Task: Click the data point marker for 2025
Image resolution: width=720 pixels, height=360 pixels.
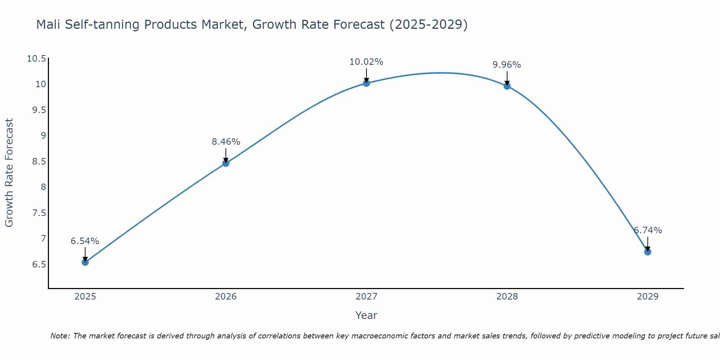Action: tap(85, 262)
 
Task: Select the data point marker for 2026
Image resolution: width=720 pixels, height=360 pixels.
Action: tap(226, 163)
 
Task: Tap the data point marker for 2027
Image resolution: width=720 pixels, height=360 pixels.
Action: tap(366, 83)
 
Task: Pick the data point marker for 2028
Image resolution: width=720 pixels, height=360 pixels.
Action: tap(507, 86)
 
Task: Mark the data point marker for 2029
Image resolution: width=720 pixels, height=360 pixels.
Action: tap(648, 252)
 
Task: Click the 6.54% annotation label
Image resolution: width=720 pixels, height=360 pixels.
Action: tap(85, 241)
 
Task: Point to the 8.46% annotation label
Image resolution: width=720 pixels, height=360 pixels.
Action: tap(226, 142)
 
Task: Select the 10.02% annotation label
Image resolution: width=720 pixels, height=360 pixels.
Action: tap(366, 62)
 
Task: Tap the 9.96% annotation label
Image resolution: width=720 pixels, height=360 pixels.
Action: tap(507, 65)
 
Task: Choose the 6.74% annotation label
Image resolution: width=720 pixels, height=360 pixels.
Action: tap(648, 230)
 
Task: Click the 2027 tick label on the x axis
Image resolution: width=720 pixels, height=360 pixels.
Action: tap(366, 297)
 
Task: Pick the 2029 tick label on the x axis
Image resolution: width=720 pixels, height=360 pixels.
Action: tap(648, 297)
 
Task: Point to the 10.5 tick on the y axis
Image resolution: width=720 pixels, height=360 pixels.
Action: tap(37, 59)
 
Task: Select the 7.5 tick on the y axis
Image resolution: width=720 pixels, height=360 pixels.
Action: tap(39, 213)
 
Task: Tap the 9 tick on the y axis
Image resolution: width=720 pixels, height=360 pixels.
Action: tap(44, 136)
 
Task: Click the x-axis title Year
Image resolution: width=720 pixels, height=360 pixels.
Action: tap(366, 315)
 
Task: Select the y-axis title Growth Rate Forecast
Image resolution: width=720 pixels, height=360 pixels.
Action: tap(9, 173)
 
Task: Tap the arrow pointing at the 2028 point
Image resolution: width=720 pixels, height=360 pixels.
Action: tap(507, 77)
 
